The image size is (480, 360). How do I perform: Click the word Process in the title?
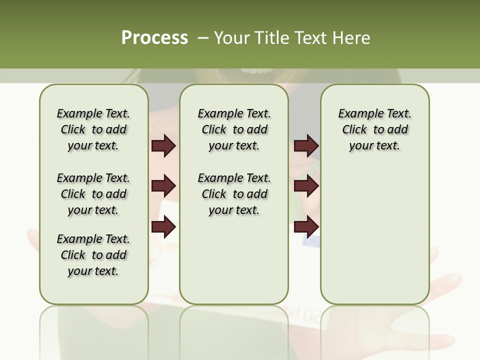click(154, 37)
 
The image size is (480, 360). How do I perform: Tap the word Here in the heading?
click(350, 38)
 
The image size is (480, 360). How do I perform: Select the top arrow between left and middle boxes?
click(163, 146)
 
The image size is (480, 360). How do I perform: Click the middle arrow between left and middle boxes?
click(163, 186)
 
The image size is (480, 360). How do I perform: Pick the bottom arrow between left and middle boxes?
click(163, 227)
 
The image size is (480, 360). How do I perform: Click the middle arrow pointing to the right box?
click(306, 186)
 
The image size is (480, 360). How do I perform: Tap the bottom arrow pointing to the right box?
click(306, 227)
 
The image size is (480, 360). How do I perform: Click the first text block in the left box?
click(93, 129)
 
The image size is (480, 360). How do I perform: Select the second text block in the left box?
click(93, 194)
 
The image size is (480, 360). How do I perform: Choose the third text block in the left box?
click(93, 255)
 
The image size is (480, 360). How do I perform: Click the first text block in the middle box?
click(234, 129)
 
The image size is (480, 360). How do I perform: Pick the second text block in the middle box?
click(234, 194)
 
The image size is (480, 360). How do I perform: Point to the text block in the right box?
click(374, 129)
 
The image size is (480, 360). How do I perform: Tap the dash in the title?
click(203, 38)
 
